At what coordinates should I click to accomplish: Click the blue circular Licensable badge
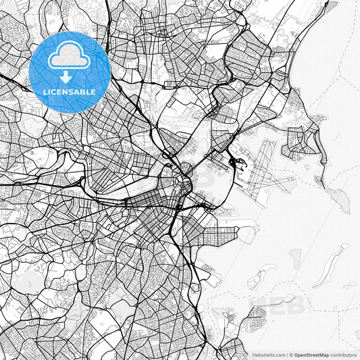(70, 71)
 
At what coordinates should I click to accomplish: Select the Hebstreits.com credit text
(269, 354)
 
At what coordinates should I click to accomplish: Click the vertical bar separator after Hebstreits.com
(287, 354)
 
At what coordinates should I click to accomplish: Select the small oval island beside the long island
(295, 257)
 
